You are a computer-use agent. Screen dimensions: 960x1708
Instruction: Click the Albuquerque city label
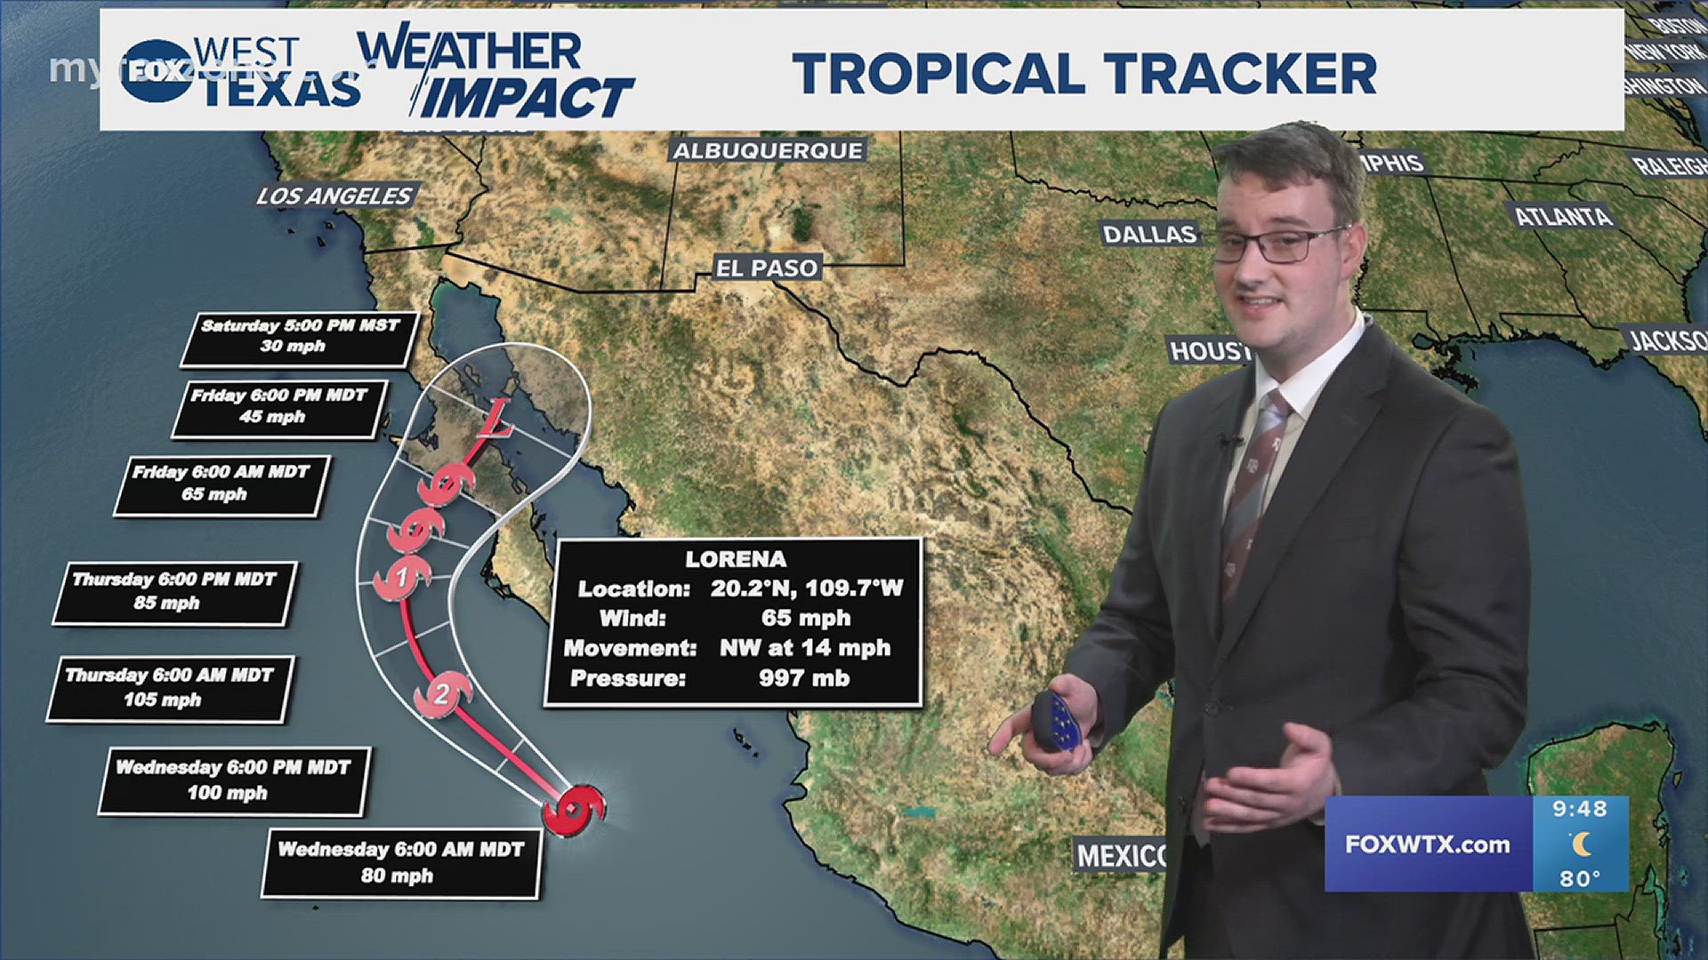pyautogui.click(x=768, y=151)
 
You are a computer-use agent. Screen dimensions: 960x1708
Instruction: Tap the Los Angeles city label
pyautogui.click(x=334, y=196)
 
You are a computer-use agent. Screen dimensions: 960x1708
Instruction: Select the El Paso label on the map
pyautogui.click(x=767, y=268)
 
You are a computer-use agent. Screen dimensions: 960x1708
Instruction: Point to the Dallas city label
pyautogui.click(x=1149, y=234)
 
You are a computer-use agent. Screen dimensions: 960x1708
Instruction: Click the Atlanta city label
pyautogui.click(x=1563, y=216)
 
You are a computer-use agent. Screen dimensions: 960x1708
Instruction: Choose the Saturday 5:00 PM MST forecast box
pyautogui.click(x=299, y=337)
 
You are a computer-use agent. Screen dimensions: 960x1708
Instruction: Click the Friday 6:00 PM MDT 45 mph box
pyautogui.click(x=278, y=406)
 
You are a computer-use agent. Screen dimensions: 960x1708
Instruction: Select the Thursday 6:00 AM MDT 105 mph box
pyautogui.click(x=169, y=687)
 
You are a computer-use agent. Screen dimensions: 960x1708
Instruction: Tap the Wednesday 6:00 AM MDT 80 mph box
pyautogui.click(x=400, y=861)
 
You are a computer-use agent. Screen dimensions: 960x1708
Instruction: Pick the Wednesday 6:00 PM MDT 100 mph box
pyautogui.click(x=233, y=780)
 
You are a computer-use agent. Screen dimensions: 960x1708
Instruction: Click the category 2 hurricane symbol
pyautogui.click(x=442, y=693)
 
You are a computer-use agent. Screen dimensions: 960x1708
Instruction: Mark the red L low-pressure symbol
pyautogui.click(x=495, y=421)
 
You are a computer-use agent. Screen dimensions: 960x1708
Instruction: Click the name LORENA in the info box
pyautogui.click(x=735, y=559)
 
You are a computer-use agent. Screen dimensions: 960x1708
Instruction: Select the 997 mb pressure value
pyautogui.click(x=804, y=678)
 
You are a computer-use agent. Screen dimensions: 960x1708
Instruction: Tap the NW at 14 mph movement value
pyautogui.click(x=805, y=648)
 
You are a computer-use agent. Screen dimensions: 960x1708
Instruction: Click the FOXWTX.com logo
pyautogui.click(x=1427, y=844)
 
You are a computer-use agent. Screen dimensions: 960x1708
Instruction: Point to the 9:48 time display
pyautogui.click(x=1580, y=809)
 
